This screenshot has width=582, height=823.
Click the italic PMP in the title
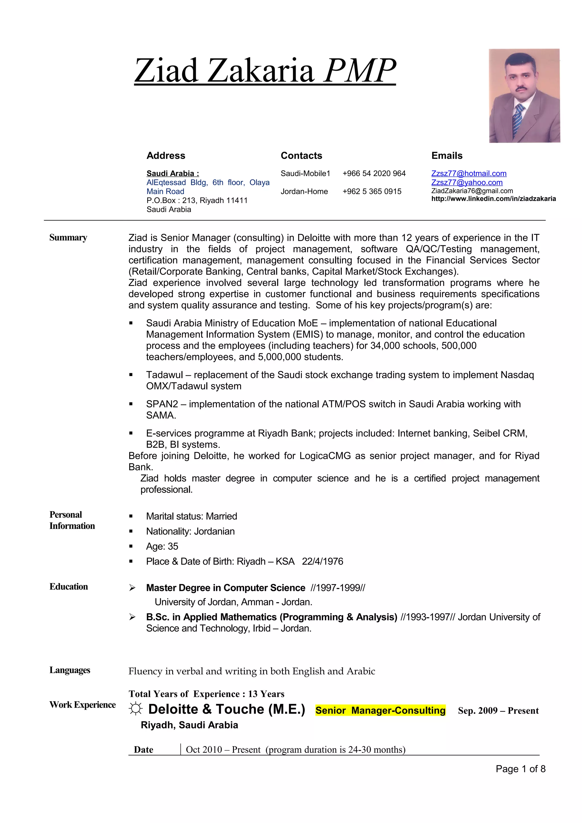360,70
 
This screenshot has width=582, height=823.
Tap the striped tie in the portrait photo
517,119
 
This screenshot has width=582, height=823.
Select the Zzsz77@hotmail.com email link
469,174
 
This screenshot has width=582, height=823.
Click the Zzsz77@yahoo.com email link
467,182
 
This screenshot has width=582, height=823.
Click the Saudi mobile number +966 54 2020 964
374,174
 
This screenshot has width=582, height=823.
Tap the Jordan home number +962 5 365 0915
372,191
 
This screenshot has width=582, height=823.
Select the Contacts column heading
301,156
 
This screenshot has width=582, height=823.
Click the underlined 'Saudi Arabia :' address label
172,174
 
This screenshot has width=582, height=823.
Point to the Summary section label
68,238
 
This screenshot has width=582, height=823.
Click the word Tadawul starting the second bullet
164,375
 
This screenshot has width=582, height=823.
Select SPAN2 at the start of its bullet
162,404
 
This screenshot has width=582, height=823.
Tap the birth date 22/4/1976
322,561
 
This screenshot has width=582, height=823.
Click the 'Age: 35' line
162,546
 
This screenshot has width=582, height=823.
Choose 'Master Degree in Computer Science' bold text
226,588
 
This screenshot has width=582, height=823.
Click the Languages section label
70,670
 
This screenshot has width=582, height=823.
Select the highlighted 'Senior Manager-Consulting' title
380,711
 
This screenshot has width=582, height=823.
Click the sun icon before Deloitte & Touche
135,709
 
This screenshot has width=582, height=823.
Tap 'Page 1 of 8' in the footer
520,768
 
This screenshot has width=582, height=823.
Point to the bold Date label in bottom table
144,749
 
